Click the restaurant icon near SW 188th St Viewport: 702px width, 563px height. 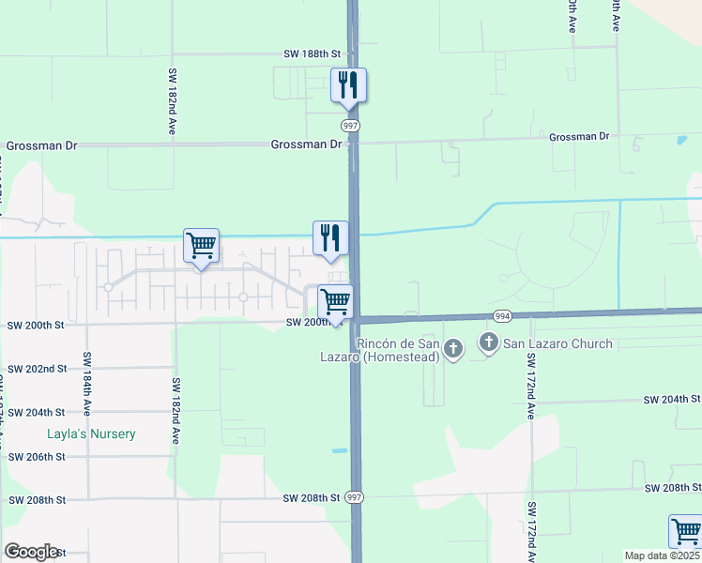(x=348, y=85)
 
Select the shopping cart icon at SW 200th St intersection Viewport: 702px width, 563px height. (x=335, y=302)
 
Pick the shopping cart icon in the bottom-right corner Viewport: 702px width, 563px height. (x=685, y=531)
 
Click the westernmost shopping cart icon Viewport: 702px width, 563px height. (x=201, y=246)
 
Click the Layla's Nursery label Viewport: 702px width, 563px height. (x=92, y=434)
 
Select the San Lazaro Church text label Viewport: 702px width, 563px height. (x=558, y=344)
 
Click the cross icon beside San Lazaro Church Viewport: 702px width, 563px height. (x=489, y=344)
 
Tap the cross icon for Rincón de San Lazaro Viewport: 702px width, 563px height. (x=453, y=351)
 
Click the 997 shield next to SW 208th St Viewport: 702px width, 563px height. (x=354, y=496)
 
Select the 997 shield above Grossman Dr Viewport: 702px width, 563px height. (x=350, y=125)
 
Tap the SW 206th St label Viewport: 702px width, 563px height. (x=37, y=456)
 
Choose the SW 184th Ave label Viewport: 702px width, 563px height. (x=86, y=384)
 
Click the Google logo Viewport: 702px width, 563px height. (x=31, y=552)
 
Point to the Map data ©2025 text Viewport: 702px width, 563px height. (x=662, y=555)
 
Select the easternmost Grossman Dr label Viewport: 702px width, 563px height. (x=579, y=137)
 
